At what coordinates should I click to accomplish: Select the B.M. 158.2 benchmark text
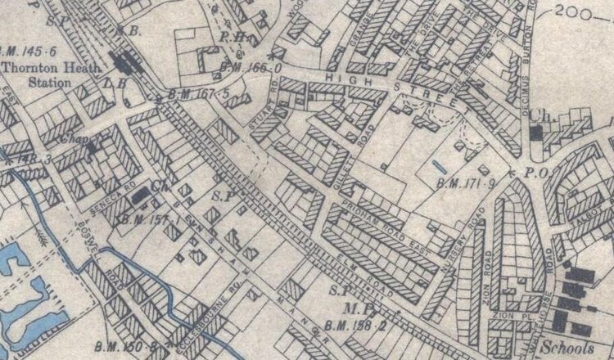coord(353,327)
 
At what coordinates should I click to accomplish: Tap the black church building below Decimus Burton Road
coord(537,133)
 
